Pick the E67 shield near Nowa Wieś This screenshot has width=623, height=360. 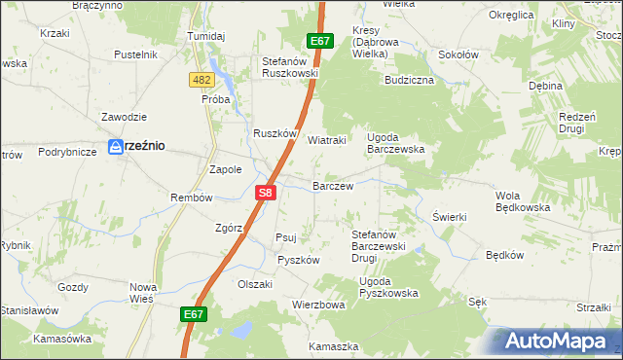(194, 314)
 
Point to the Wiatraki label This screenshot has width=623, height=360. (327, 140)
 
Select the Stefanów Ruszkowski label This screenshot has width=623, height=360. (290, 66)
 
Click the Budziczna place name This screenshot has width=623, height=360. (409, 80)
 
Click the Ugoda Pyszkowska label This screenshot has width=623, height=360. (388, 287)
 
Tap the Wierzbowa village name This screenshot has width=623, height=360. (319, 305)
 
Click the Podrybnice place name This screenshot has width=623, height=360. (67, 152)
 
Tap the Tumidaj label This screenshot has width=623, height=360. (206, 36)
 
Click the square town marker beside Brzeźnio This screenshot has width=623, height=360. (115, 146)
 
